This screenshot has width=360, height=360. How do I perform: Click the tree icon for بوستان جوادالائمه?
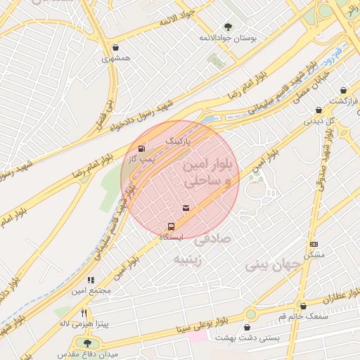coord(227,27)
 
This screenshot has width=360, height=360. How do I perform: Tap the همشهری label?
coord(117,59)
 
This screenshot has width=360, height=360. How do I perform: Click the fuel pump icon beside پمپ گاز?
coord(143,148)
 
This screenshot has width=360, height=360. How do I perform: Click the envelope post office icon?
coord(186,207)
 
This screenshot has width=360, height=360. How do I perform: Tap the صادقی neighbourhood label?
coord(212,239)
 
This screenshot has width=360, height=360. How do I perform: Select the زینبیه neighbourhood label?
coord(191,259)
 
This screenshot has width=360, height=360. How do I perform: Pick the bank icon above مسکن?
coord(313,243)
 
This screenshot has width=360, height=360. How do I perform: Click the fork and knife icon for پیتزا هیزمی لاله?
coord(84,313)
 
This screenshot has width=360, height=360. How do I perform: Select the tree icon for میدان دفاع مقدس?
coord(87,343)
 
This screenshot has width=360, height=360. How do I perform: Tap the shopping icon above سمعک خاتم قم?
coord(303,307)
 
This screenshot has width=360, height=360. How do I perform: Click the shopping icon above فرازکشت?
coord(343,91)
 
